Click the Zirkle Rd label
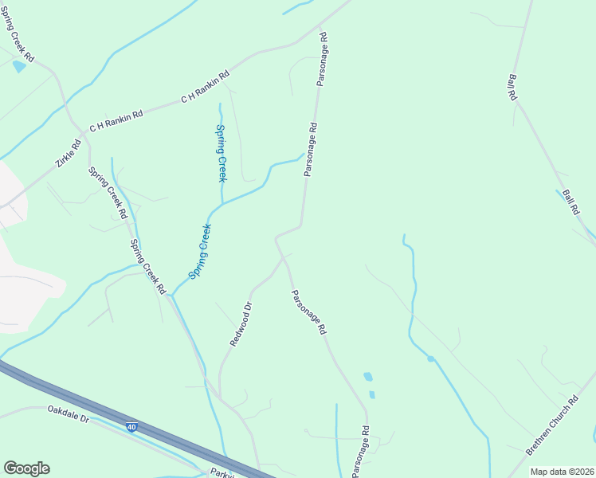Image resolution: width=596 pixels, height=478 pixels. tap(69, 151)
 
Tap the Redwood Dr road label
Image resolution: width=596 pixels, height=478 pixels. tap(241, 323)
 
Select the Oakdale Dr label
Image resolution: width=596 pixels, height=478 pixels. tap(68, 414)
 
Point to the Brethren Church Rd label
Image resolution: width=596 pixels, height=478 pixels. tap(551, 426)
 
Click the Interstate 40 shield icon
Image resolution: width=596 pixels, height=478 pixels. tap(131, 428)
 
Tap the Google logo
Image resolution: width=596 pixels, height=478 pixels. tap(26, 468)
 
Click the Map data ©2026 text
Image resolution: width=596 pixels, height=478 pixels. tap(561, 472)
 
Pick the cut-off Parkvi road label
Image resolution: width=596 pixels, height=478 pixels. tap(220, 472)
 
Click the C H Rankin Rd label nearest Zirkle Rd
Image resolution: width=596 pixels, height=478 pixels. tap(116, 120)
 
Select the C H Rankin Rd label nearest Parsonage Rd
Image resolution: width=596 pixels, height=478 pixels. tap(205, 87)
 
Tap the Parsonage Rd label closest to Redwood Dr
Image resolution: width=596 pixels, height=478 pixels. tap(308, 311)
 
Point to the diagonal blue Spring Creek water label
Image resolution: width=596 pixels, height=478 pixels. tap(200, 251)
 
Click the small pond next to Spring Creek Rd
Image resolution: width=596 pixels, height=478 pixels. tap(19, 67)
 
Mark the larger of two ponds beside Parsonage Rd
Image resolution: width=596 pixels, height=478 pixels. tap(367, 376)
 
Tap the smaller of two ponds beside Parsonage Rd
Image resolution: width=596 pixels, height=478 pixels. tap(372, 394)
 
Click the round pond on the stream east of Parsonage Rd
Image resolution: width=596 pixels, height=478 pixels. tap(430, 358)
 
